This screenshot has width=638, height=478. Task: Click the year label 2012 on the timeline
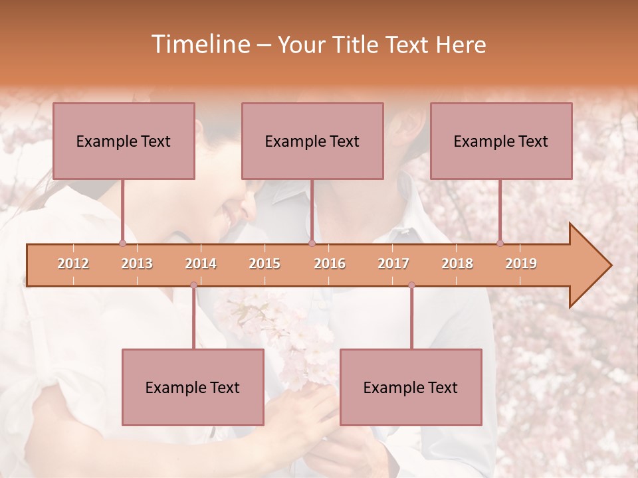pyautogui.click(x=73, y=264)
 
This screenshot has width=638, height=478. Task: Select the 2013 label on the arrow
pyautogui.click(x=137, y=264)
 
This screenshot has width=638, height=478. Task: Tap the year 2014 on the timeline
pyautogui.click(x=201, y=264)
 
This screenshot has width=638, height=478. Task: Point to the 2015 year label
pyautogui.click(x=265, y=264)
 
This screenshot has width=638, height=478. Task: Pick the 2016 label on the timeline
pyautogui.click(x=330, y=264)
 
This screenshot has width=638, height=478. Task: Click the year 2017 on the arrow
pyautogui.click(x=393, y=264)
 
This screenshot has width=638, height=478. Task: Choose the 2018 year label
pyautogui.click(x=457, y=264)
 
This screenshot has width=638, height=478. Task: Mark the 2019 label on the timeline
pyautogui.click(x=521, y=264)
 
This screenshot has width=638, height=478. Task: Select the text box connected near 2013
pyautogui.click(x=124, y=141)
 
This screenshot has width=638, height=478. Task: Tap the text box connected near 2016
pyautogui.click(x=312, y=141)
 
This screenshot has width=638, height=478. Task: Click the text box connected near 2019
pyautogui.click(x=501, y=141)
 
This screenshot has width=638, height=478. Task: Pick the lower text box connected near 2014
pyautogui.click(x=193, y=387)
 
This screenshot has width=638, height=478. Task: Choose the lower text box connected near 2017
pyautogui.click(x=411, y=387)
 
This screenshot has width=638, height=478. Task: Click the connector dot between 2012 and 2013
pyautogui.click(x=122, y=243)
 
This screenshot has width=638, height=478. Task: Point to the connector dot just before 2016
pyautogui.click(x=312, y=243)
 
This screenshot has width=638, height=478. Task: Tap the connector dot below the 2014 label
pyautogui.click(x=193, y=285)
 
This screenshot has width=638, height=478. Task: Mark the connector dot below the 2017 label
pyautogui.click(x=411, y=285)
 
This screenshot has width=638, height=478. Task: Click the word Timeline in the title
pyautogui.click(x=199, y=44)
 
